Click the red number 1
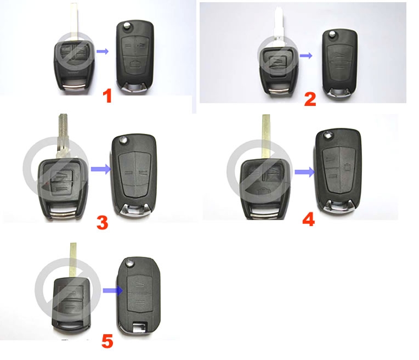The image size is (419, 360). coord(107,96)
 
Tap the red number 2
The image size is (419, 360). coord(310,99)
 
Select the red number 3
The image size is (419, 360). coord(103,223)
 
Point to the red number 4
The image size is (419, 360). coord(309,220)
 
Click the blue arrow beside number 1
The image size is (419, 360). coord(103,52)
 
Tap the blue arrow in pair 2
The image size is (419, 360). coord(306,55)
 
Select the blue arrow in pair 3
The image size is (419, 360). coord(101,169)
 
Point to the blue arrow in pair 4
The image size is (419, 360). coord(305,172)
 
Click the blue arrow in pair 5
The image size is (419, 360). coord(113,290)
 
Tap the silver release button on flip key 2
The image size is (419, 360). coord(332,33)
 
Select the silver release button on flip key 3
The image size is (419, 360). coord(123,139)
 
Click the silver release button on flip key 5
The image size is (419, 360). coord(130,262)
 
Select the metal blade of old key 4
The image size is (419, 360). coord(266,137)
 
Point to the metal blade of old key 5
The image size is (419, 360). coord(73,260)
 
